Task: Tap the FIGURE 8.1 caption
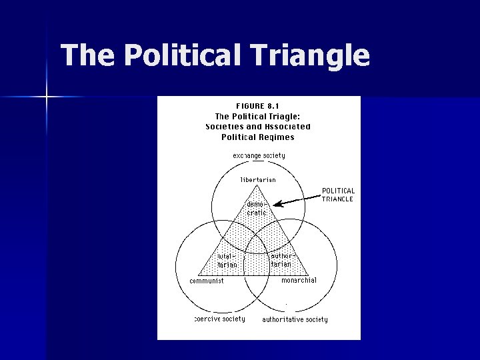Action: (258, 105)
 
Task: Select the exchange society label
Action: (259, 155)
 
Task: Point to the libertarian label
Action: (258, 179)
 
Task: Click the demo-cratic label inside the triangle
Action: (257, 208)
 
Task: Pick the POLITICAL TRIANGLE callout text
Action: (338, 195)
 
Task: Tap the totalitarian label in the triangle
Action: (227, 260)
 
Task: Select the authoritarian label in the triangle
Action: (281, 260)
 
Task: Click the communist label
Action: (207, 281)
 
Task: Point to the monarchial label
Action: (299, 280)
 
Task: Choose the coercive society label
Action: (219, 319)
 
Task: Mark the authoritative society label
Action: (295, 319)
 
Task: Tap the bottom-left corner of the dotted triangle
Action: (199, 275)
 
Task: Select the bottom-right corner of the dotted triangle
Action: (309, 275)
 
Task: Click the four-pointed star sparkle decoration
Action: (47, 97)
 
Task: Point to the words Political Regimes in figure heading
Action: (258, 137)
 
